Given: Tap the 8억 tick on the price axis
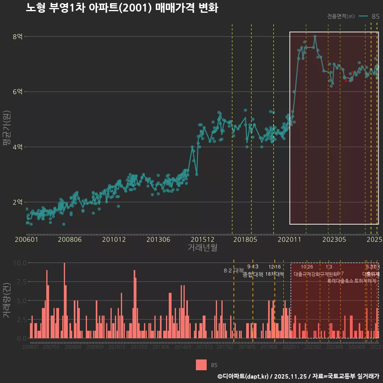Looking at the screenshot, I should click(18, 37).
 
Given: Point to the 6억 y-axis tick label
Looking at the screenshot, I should click(18, 92).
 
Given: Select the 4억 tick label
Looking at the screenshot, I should click(18, 147).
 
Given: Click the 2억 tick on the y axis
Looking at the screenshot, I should click(18, 202).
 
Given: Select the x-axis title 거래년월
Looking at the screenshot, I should click(202, 248).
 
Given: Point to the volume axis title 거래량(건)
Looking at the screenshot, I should click(7, 300).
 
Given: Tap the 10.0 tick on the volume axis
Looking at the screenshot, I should click(20, 263).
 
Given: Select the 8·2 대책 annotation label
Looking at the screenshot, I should click(234, 270).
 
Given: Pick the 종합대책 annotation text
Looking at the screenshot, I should click(253, 274).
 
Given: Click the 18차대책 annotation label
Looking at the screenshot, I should click(274, 274).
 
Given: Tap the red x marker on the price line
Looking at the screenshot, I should click(346, 81).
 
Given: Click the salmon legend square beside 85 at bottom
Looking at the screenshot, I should click(201, 365).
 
